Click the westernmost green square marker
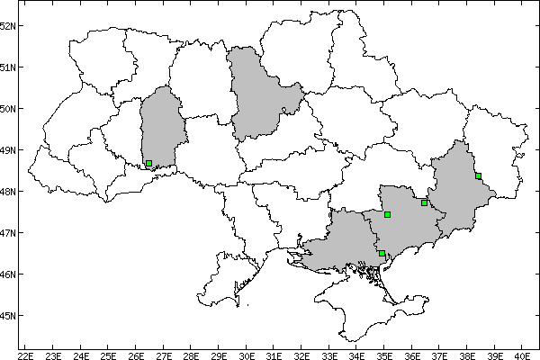148,164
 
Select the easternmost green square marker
478,176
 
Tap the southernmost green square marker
382,254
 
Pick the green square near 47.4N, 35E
387,214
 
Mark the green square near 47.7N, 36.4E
424,202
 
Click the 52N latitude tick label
9,25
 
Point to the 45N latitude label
9,316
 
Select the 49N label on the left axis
9,150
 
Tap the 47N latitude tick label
9,233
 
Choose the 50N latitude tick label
9,109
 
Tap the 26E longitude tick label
136,354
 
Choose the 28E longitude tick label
191,354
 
